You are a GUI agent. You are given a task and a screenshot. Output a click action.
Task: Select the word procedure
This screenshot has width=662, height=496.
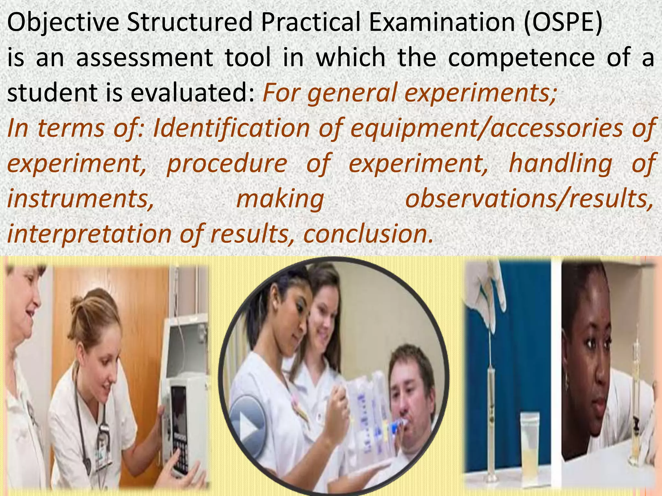227,163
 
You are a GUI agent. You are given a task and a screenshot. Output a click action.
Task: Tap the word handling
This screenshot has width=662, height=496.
561,163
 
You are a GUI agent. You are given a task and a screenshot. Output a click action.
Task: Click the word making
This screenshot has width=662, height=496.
280,199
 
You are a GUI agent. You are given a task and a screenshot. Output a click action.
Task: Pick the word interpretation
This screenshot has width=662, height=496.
89,234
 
